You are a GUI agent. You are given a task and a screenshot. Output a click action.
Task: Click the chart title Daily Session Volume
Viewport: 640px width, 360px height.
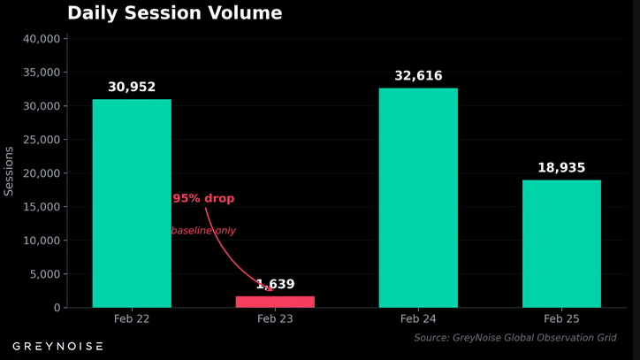point(175,13)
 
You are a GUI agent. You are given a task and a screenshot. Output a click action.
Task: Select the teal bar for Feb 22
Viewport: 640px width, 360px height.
point(132,203)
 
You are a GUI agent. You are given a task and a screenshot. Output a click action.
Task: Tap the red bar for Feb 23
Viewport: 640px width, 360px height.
point(275,302)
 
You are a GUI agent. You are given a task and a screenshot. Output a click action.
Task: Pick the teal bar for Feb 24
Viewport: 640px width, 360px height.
point(418,198)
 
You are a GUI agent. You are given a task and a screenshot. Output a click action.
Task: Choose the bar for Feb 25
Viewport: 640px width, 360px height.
point(561,244)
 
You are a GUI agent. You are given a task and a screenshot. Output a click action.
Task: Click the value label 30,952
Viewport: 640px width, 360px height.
point(132,87)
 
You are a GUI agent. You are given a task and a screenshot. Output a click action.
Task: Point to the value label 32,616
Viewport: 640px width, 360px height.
point(418,76)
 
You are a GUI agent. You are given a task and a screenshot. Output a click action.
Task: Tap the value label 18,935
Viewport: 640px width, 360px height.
point(561,168)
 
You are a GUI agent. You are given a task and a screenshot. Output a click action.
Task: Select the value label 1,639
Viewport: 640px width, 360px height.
point(275,284)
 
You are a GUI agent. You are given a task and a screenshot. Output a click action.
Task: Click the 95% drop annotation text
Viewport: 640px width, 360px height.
point(203,199)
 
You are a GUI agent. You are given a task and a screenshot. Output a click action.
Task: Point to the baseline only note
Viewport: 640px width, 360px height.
point(203,231)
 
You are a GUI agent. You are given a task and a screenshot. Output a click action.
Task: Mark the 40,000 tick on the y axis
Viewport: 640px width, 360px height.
point(41,39)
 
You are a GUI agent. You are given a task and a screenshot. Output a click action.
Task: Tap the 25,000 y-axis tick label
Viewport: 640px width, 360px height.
point(41,140)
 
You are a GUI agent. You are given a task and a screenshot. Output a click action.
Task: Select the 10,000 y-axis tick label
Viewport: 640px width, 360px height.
point(41,241)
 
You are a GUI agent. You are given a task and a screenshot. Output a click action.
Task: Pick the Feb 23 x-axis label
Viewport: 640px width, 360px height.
point(275,318)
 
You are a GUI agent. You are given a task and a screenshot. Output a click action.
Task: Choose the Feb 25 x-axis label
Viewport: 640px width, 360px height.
point(561,318)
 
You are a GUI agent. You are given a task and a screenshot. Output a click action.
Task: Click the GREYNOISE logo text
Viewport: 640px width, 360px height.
point(57,346)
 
